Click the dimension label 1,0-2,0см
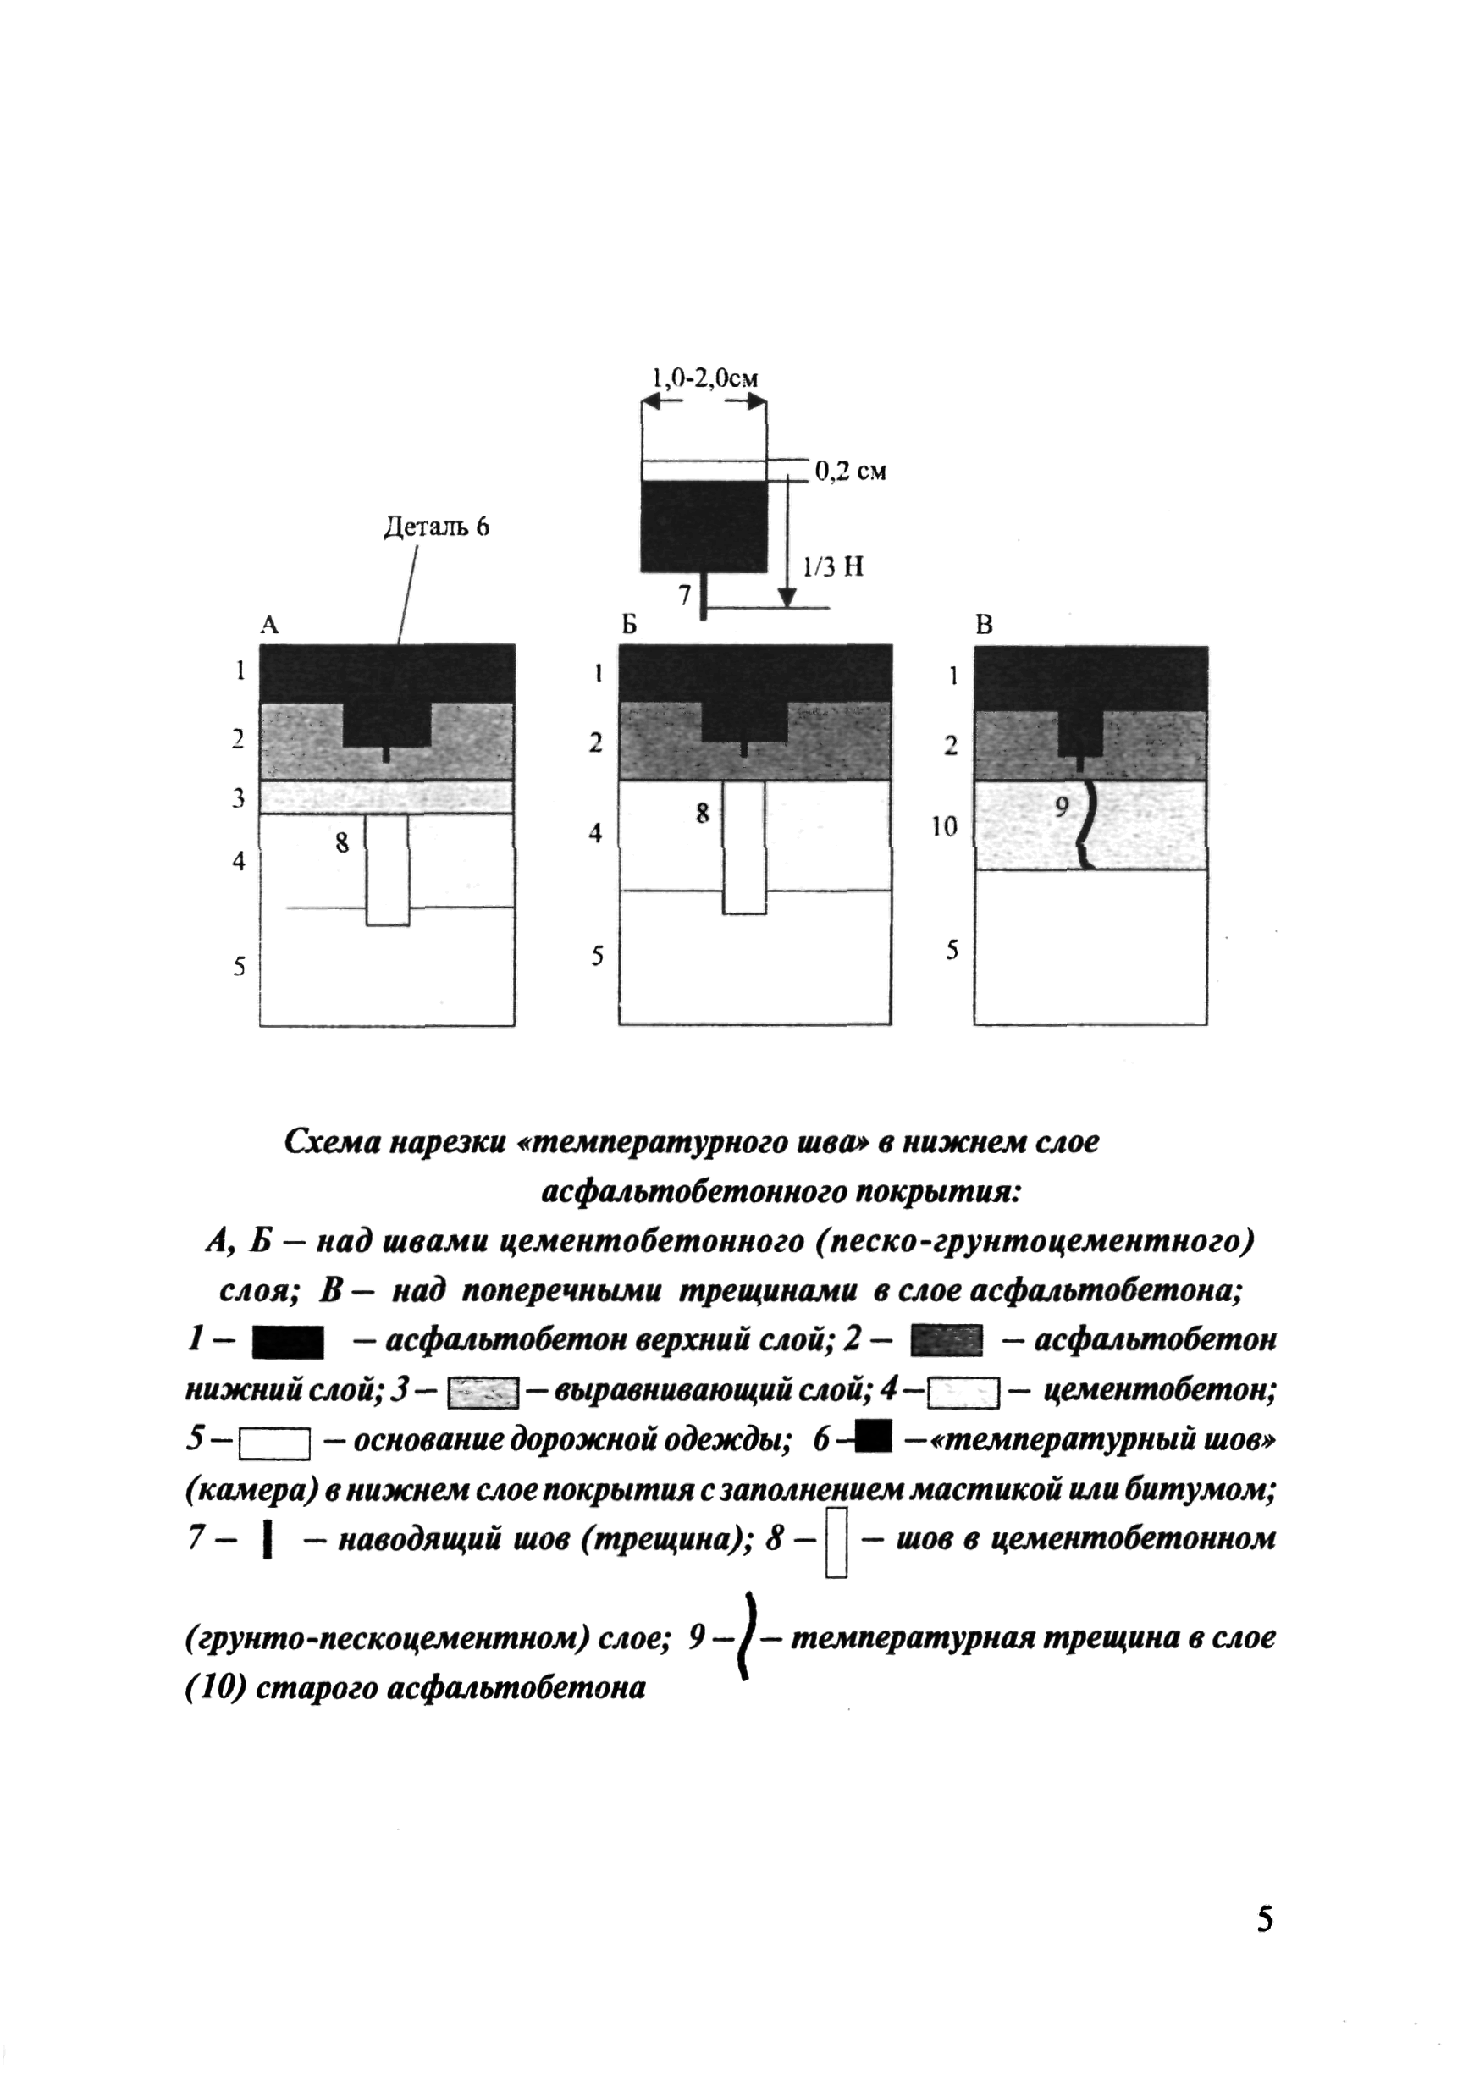tap(704, 378)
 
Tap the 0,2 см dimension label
tap(849, 472)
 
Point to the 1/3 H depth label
tap(832, 567)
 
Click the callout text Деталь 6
tap(436, 527)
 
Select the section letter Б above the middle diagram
tap(628, 625)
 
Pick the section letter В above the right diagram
tap(984, 626)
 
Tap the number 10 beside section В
tap(944, 826)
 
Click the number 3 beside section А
tap(239, 798)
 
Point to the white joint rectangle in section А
tap(387, 869)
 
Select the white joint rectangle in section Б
tap(744, 847)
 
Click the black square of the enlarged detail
tap(704, 526)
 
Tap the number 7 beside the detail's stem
tap(684, 595)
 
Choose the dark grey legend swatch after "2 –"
tap(947, 1341)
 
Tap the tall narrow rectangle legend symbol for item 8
tap(836, 1544)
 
